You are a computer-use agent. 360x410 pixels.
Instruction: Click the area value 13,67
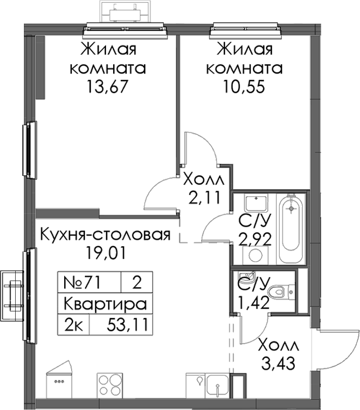(x=108, y=86)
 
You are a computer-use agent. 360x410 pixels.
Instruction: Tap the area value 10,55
(x=244, y=86)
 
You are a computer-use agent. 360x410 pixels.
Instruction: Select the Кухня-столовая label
(x=105, y=234)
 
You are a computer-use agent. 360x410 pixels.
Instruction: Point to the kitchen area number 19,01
(x=105, y=253)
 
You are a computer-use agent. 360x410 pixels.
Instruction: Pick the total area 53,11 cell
(x=128, y=325)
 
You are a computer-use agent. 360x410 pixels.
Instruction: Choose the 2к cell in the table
(x=73, y=325)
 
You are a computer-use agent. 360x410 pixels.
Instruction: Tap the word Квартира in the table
(x=105, y=304)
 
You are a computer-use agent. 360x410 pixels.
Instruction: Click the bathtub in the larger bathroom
(x=291, y=228)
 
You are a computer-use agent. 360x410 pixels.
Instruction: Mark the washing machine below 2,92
(x=256, y=255)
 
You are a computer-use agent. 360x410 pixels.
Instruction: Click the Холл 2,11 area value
(x=204, y=198)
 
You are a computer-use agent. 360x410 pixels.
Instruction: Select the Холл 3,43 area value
(x=278, y=363)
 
